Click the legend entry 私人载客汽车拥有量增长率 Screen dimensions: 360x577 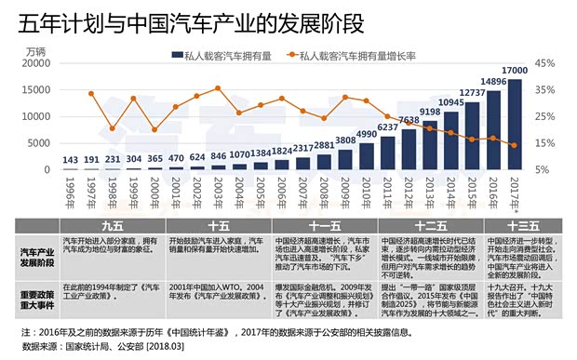point(358,57)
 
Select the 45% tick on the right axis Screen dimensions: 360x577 point(546,64)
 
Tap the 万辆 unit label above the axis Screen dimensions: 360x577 point(36,50)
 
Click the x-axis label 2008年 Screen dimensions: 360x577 point(324,193)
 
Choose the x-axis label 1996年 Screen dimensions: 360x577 point(70,193)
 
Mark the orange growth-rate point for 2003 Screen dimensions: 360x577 point(218,88)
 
